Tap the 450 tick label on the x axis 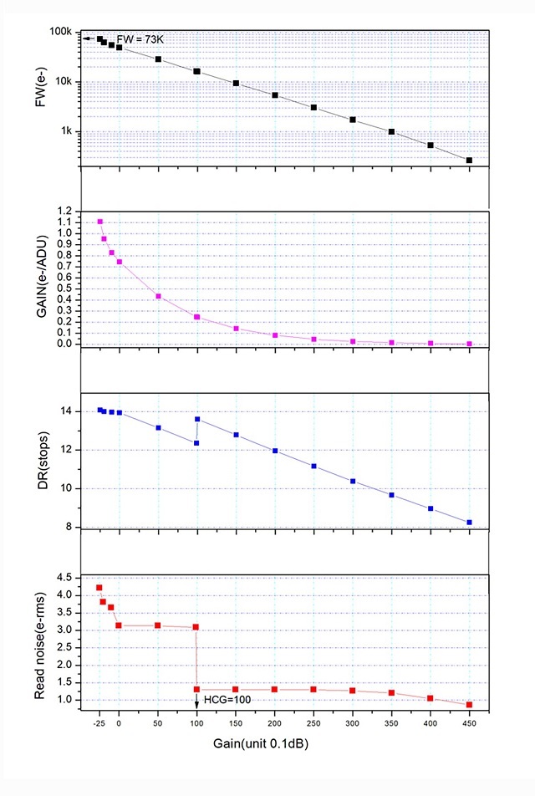click(x=469, y=723)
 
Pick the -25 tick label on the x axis click(x=99, y=723)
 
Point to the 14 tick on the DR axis click(x=68, y=411)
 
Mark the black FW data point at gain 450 click(x=469, y=160)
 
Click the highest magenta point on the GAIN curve click(x=100, y=222)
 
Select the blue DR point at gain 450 click(x=469, y=523)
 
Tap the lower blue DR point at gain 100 click(x=196, y=443)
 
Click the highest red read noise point click(x=99, y=588)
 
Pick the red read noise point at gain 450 click(x=469, y=705)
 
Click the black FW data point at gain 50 click(x=158, y=59)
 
